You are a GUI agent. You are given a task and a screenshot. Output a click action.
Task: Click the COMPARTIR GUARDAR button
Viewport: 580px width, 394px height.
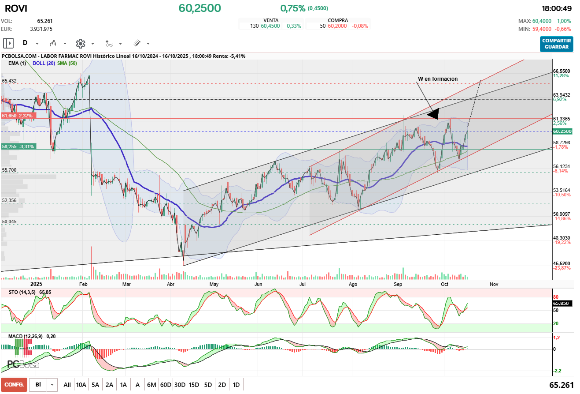tap(557, 44)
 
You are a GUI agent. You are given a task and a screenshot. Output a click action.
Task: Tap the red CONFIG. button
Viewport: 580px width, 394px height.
tap(14, 385)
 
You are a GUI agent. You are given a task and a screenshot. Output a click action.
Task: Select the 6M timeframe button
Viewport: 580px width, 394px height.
tap(151, 385)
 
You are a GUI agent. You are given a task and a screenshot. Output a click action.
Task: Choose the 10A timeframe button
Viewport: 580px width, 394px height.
tap(81, 385)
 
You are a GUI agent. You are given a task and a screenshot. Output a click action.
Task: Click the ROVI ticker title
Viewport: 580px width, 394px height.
tap(16, 8)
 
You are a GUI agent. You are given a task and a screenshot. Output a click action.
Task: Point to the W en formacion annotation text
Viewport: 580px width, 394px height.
tap(438, 79)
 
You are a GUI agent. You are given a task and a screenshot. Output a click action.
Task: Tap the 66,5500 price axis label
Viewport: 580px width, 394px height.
tap(562, 71)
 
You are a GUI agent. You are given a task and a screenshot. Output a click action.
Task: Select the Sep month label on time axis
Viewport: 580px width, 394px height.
tap(398, 285)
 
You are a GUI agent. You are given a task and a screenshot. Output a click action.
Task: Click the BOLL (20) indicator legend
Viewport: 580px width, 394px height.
tap(44, 63)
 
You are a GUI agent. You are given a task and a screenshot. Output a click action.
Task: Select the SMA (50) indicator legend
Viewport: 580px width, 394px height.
tap(67, 63)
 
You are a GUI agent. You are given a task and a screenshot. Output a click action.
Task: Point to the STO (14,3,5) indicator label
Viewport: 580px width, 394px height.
tap(22, 292)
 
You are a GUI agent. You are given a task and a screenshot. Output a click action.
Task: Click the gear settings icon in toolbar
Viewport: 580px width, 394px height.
tap(80, 43)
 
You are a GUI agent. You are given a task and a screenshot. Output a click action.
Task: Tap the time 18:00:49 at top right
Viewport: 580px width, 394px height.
tap(557, 8)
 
